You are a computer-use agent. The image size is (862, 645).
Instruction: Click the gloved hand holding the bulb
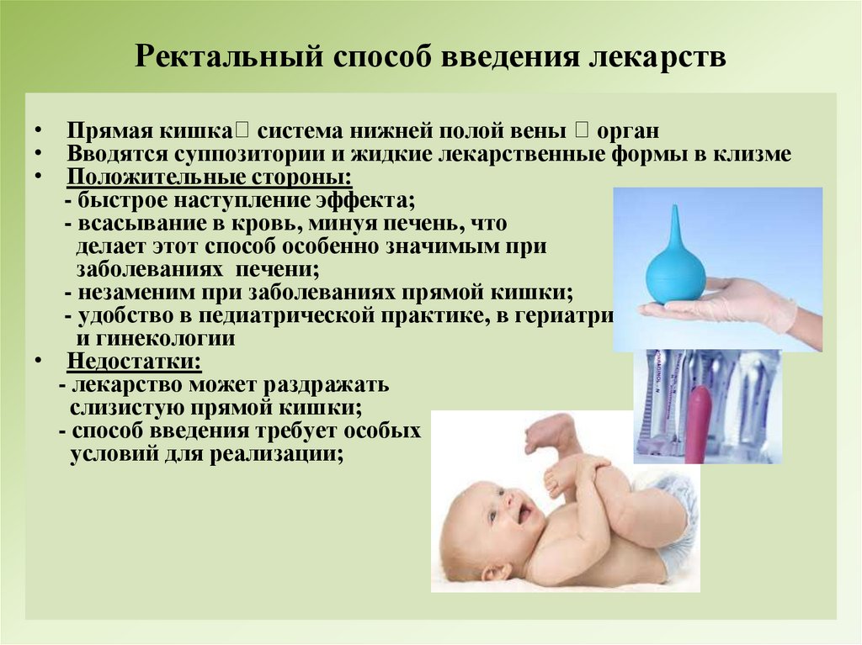pos(741,304)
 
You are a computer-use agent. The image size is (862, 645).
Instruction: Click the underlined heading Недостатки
pos(135,362)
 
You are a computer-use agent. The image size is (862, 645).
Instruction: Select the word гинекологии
pos(168,339)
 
